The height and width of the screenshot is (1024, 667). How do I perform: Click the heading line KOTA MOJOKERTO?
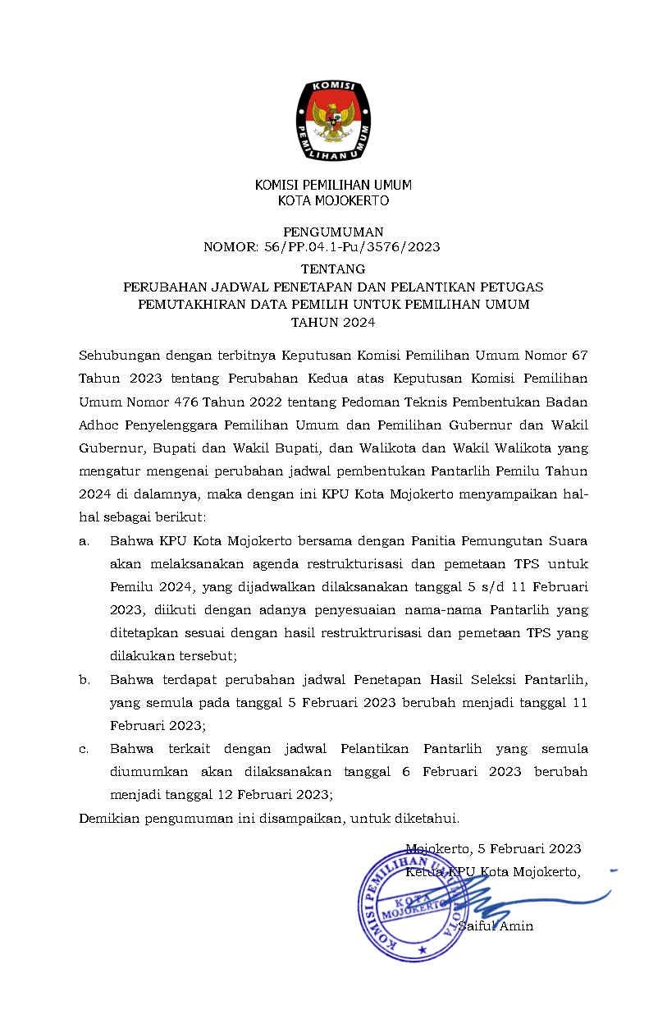click(333, 200)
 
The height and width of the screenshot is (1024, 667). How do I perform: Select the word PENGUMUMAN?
click(333, 232)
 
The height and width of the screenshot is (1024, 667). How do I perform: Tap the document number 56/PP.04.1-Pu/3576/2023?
click(364, 246)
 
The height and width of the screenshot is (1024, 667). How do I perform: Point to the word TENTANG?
click(333, 269)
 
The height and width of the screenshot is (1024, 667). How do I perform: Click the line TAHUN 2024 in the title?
click(333, 323)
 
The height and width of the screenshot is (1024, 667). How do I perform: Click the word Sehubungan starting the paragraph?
click(117, 356)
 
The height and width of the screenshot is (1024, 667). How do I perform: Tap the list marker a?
click(84, 542)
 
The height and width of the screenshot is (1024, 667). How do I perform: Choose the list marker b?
click(84, 680)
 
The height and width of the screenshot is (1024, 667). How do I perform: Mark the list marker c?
click(84, 749)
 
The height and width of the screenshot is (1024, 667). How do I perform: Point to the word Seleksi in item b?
click(456, 680)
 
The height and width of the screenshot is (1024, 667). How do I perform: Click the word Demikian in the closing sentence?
click(108, 818)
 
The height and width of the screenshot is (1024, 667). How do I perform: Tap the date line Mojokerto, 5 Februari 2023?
click(493, 848)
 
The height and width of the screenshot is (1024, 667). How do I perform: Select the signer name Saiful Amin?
click(496, 926)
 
